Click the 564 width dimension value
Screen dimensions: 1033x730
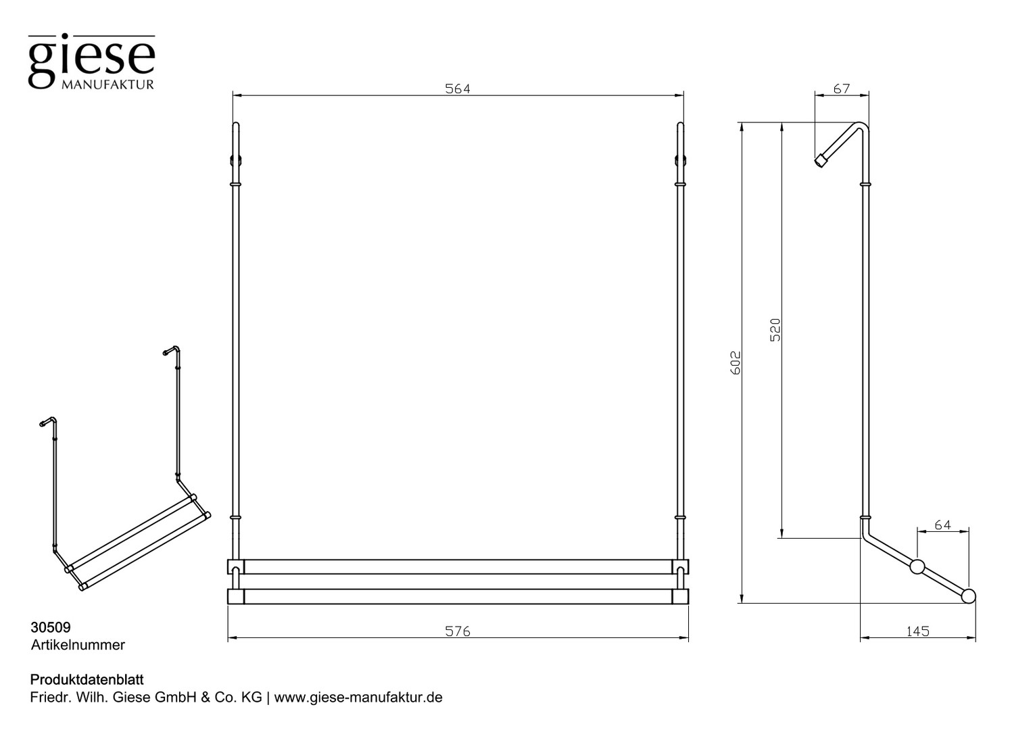click(x=458, y=89)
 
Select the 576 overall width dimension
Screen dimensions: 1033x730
click(x=458, y=631)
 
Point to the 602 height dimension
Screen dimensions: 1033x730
click(x=736, y=362)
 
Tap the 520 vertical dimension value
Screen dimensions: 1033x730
click(x=775, y=330)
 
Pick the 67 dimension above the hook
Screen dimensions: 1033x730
click(x=842, y=89)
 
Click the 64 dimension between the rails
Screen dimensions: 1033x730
click(x=942, y=525)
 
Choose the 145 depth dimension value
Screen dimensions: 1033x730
click(x=917, y=631)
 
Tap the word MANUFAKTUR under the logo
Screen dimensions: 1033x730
click(x=107, y=85)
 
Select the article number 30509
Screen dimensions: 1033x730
click(x=51, y=627)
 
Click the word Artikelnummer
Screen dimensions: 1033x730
click(x=78, y=645)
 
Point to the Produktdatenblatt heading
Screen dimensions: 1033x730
click(x=87, y=680)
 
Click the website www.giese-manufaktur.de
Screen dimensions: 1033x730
click(x=358, y=698)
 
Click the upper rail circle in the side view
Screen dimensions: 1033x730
click(x=917, y=566)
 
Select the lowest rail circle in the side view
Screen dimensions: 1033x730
click(x=968, y=595)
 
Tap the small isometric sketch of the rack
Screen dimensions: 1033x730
click(x=125, y=468)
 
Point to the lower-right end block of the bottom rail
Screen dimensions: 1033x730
click(x=680, y=596)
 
